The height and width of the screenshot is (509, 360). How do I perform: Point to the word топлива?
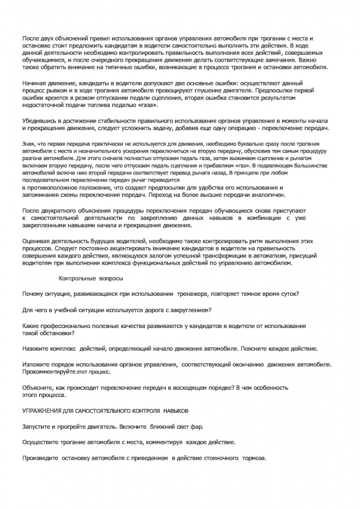pos(115,105)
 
